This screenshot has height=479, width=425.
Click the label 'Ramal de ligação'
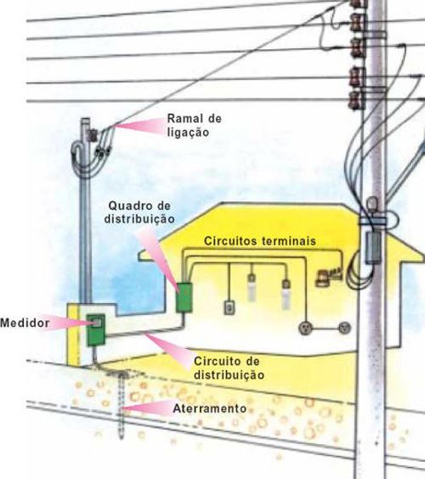tap(194, 125)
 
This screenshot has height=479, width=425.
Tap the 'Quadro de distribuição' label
tap(139, 212)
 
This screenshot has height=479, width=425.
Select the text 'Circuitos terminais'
tap(260, 241)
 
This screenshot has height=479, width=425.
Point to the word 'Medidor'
tap(25, 323)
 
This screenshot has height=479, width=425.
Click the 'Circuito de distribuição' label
tap(229, 368)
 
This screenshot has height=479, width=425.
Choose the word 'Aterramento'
tap(210, 409)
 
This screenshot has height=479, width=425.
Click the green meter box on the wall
tap(96, 330)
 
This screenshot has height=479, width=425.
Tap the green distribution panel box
tap(184, 297)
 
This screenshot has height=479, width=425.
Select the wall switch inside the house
tap(229, 307)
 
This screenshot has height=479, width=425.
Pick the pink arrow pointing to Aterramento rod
tap(147, 408)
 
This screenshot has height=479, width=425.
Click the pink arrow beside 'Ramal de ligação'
tap(140, 126)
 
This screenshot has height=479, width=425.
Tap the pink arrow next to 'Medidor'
tap(65, 323)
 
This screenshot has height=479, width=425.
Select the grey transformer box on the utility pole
tap(373, 247)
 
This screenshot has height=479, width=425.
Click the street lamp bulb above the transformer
tap(372, 204)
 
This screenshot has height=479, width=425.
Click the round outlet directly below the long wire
tap(305, 328)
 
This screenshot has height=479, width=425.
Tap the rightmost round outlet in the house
tap(345, 328)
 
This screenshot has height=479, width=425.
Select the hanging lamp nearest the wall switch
tap(252, 286)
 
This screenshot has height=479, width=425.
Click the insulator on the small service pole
tap(92, 135)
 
